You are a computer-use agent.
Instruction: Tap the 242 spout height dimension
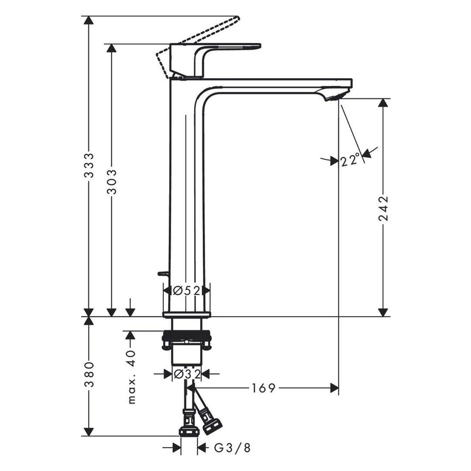click(x=383, y=208)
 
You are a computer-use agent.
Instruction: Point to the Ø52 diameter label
click(x=187, y=291)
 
